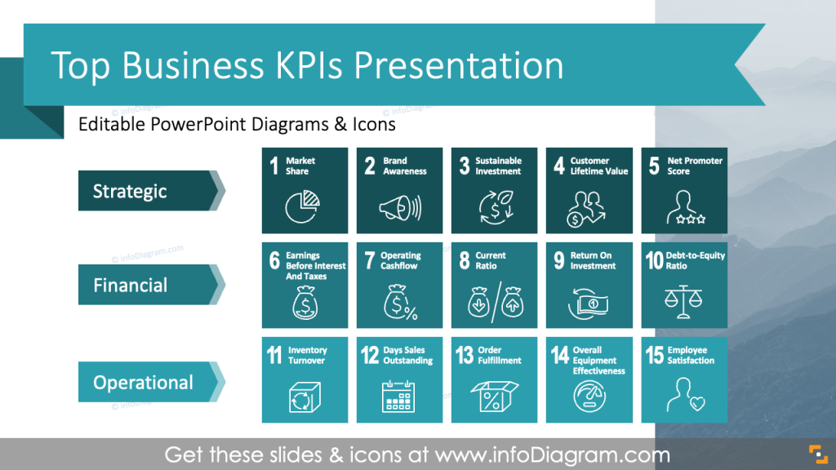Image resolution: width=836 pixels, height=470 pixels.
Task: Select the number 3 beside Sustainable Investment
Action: pyautogui.click(x=464, y=166)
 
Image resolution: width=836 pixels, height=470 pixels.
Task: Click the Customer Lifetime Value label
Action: pyautogui.click(x=598, y=166)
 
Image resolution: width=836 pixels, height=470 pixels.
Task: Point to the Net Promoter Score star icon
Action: pyautogui.click(x=685, y=210)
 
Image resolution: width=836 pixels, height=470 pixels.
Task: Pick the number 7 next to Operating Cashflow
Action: pyautogui.click(x=370, y=261)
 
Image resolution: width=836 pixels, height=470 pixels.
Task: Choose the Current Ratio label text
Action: pyautogui.click(x=491, y=260)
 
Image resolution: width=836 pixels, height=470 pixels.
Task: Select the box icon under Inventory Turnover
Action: pyautogui.click(x=304, y=398)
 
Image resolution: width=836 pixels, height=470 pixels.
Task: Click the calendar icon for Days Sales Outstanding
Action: pyautogui.click(x=399, y=397)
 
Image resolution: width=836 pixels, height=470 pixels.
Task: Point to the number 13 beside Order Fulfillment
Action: pyautogui.click(x=465, y=356)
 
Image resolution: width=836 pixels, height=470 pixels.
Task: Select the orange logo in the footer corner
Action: pyautogui.click(x=815, y=454)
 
